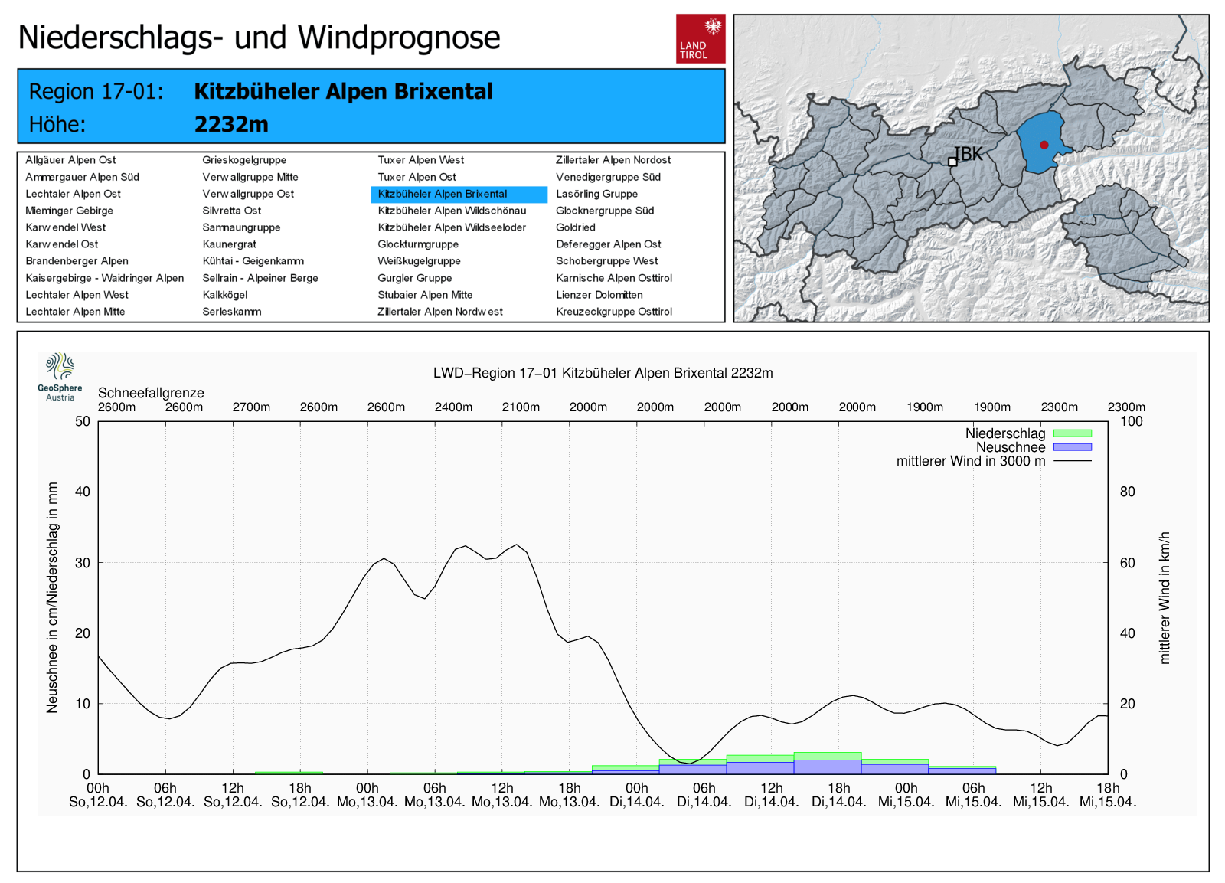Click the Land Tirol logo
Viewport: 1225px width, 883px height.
tap(700, 38)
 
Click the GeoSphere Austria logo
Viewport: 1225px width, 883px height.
tap(60, 376)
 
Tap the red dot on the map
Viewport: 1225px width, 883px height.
tap(1044, 145)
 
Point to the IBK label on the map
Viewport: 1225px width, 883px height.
tap(969, 154)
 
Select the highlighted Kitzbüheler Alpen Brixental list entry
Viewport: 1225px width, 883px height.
tap(443, 194)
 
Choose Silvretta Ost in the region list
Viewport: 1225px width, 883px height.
tap(231, 211)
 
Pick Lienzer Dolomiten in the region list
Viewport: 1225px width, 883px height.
tap(599, 295)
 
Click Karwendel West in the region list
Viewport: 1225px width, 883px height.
tap(66, 227)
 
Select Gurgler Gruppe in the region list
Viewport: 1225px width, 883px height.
tap(414, 278)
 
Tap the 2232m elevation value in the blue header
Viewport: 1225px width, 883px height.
tap(231, 124)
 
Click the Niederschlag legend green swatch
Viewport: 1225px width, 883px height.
tap(1072, 433)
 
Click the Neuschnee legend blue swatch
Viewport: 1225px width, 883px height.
tap(1072, 447)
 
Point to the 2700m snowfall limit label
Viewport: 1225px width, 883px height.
tap(251, 407)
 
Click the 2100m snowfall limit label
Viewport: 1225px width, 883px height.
tap(521, 407)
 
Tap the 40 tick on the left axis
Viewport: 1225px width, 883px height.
tap(82, 492)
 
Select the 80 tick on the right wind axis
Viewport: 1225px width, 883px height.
tap(1127, 492)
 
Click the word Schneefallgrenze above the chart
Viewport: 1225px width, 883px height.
tap(151, 393)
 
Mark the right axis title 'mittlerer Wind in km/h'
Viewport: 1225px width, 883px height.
tap(1165, 597)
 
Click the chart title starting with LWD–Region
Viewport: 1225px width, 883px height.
tap(603, 373)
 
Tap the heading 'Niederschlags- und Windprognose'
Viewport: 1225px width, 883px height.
tap(259, 38)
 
